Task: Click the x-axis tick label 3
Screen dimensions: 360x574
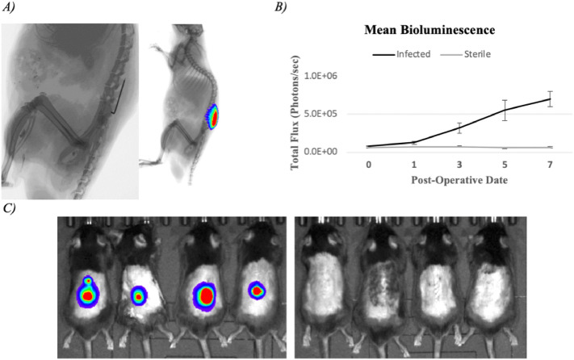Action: (x=459, y=165)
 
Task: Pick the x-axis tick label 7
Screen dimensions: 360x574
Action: (x=550, y=165)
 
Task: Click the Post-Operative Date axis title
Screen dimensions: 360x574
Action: (x=459, y=181)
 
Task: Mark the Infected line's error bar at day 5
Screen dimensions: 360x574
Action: (x=505, y=110)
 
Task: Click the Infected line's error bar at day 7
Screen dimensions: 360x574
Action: (x=550, y=98)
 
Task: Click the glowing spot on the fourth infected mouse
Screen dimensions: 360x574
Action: (x=258, y=289)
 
